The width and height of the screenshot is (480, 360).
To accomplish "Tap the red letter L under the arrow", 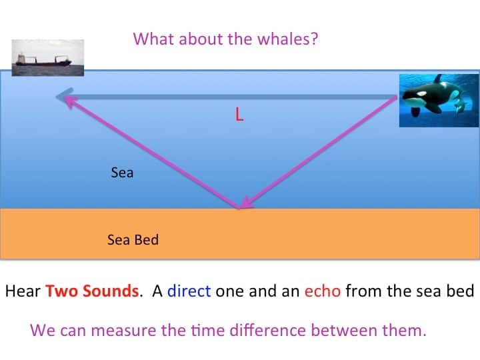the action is pyautogui.click(x=239, y=114).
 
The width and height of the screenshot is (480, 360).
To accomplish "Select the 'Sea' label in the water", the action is pyautogui.click(x=122, y=173).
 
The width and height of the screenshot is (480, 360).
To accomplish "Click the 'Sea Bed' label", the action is pyautogui.click(x=133, y=240).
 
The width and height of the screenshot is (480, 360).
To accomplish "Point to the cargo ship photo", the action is pyautogui.click(x=48, y=57).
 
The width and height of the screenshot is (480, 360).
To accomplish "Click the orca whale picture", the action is pyautogui.click(x=439, y=101).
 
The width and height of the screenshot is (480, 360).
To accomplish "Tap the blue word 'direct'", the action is pyautogui.click(x=189, y=291).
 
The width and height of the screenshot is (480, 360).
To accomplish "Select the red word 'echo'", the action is pyautogui.click(x=323, y=291).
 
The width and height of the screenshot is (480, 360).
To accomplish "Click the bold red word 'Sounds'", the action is pyautogui.click(x=111, y=291).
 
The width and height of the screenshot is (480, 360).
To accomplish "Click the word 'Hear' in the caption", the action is pyautogui.click(x=23, y=291).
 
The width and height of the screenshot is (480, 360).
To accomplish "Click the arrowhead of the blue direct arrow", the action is pyautogui.click(x=64, y=96).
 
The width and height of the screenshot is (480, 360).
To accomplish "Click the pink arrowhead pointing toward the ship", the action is pyautogui.click(x=71, y=101).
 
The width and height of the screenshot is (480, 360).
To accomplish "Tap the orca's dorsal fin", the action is pyautogui.click(x=438, y=79).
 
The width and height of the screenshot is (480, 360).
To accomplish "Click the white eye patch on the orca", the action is pyautogui.click(x=421, y=93).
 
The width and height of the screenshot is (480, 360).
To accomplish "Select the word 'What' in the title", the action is pyautogui.click(x=154, y=39).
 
